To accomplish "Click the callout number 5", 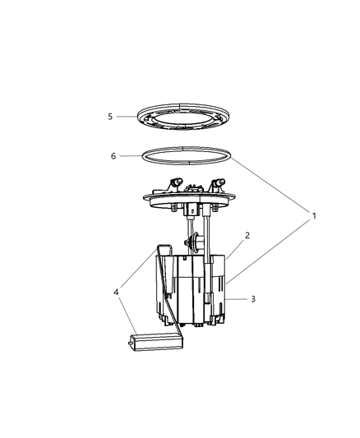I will coord(109,117).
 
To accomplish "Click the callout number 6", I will coord(114,154).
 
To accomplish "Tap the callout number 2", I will coord(247,235).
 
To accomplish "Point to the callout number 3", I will coord(253,299).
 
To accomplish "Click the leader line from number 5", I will coord(127,117).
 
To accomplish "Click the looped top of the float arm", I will coord(164,247).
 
